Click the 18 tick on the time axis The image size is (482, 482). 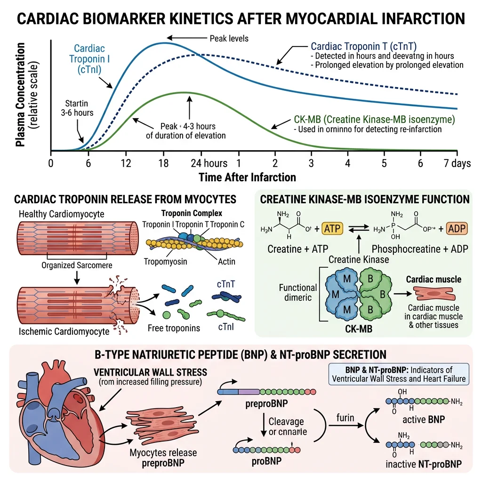pyautogui.click(x=163, y=163)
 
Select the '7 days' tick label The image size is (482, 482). pyautogui.click(x=457, y=163)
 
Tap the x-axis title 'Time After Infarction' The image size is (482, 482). pyautogui.click(x=247, y=177)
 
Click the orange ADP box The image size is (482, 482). pyautogui.click(x=455, y=229)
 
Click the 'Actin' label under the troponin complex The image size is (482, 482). pyautogui.click(x=226, y=261)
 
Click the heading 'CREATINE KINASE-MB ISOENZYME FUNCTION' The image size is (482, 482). pyautogui.click(x=365, y=199)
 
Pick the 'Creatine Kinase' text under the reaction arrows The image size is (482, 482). pyautogui.click(x=359, y=259)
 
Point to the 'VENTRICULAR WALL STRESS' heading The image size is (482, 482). pyautogui.click(x=151, y=372)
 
